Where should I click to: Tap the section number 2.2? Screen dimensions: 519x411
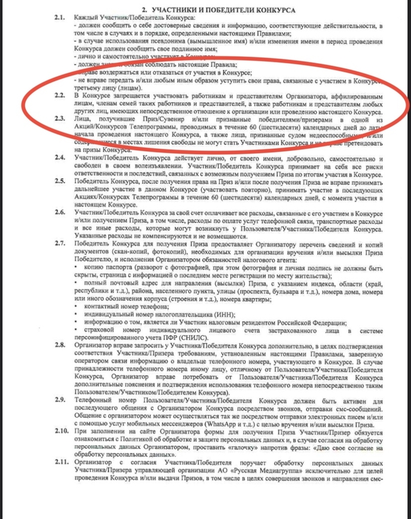59,94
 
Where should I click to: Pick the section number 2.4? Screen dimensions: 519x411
59,157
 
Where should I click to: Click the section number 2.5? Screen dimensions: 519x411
59,181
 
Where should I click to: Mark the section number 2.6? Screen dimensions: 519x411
59,211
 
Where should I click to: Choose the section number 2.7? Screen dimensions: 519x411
59,242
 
